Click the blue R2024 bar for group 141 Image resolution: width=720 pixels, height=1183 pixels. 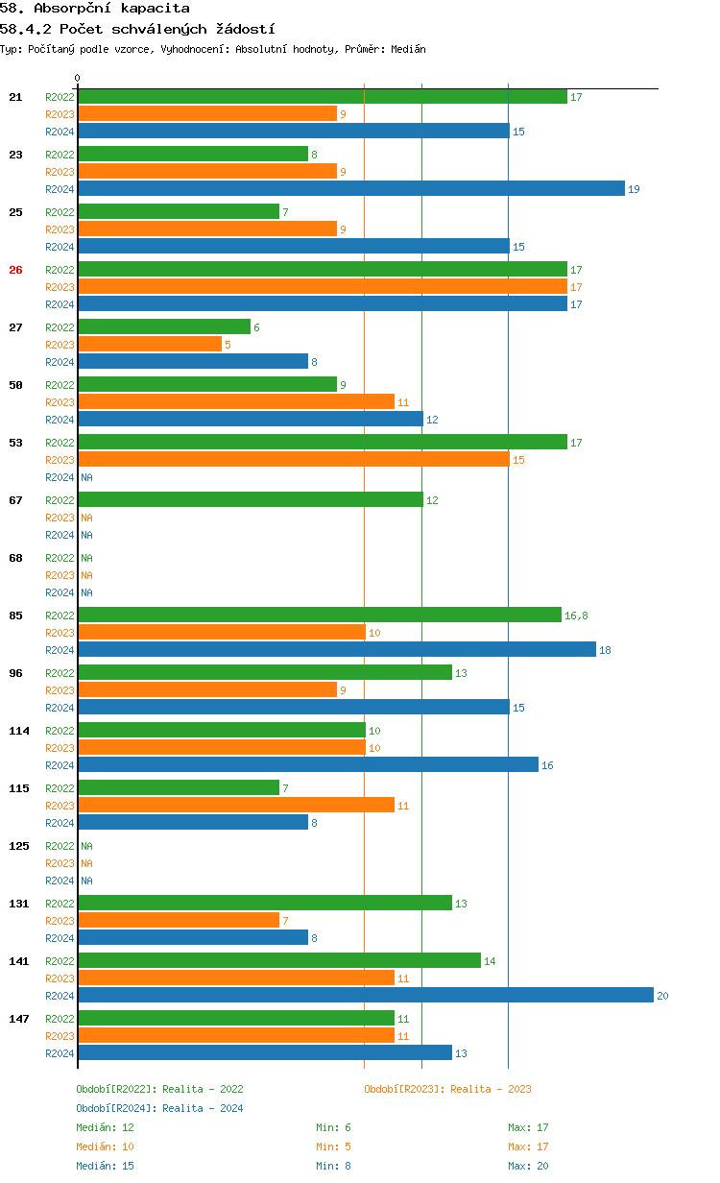(x=365, y=996)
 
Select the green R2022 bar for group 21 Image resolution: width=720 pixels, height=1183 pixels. (x=323, y=97)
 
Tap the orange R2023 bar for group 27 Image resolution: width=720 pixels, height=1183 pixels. (x=150, y=345)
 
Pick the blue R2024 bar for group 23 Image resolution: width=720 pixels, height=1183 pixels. (x=351, y=189)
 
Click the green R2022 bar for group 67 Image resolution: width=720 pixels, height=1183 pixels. (x=251, y=500)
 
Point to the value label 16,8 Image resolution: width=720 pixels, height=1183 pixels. (x=576, y=616)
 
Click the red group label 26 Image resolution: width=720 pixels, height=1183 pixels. (x=15, y=270)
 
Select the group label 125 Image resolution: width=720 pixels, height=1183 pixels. (x=19, y=846)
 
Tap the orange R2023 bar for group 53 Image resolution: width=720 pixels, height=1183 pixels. (x=294, y=460)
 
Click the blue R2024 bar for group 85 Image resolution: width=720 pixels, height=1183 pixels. (x=337, y=650)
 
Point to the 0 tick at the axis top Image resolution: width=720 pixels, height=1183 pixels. (x=78, y=79)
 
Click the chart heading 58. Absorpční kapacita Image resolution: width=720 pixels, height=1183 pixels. (x=95, y=9)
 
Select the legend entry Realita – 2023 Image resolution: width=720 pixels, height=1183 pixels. (x=447, y=1089)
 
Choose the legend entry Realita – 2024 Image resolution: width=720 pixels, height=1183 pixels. (x=159, y=1108)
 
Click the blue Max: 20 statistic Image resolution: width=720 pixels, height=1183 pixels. (x=528, y=1166)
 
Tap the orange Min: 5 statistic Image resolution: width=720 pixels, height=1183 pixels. (x=333, y=1147)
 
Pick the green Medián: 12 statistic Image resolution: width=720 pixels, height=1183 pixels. (x=105, y=1127)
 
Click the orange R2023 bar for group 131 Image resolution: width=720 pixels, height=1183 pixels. (x=179, y=921)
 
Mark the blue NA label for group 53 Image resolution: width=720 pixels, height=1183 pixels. (x=86, y=477)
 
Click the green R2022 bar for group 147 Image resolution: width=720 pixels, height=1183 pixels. (x=236, y=1019)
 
